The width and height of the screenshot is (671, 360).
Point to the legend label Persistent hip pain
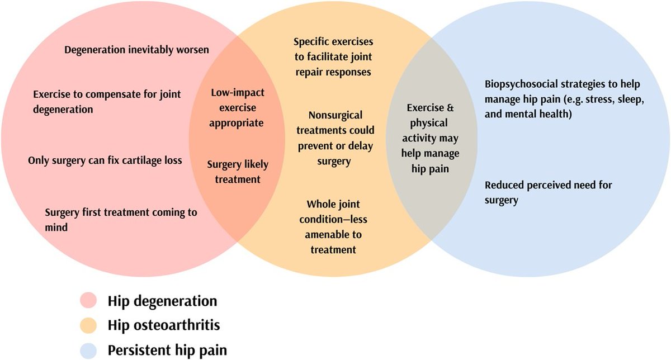(167, 350)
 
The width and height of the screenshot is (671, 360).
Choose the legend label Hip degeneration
(163, 301)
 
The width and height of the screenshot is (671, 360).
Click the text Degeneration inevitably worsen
(136, 50)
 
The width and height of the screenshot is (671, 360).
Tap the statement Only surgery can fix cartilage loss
(105, 161)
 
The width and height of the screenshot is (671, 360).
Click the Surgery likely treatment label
(238, 172)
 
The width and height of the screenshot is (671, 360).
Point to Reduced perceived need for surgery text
(549, 191)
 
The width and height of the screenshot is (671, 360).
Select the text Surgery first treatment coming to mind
(120, 220)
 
